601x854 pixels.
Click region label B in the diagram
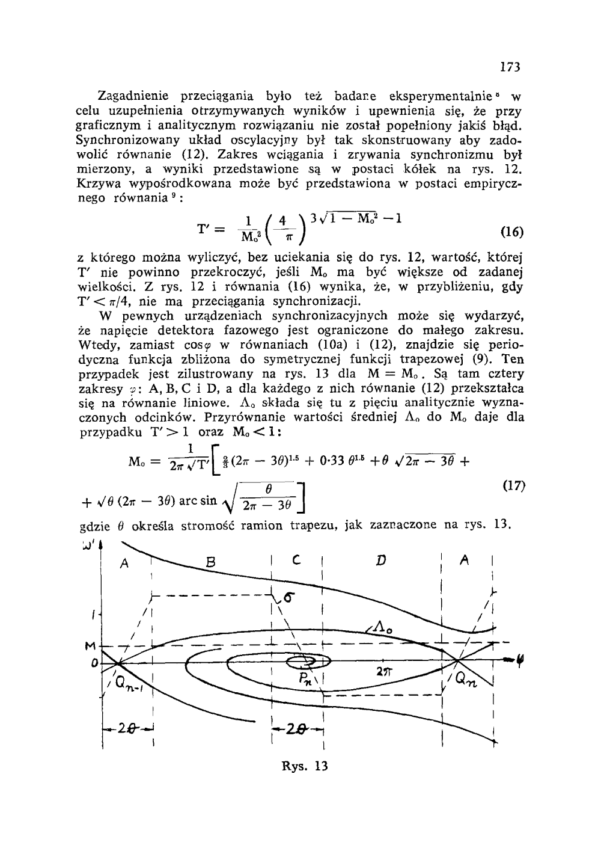point(210,564)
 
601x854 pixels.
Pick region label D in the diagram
point(380,562)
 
